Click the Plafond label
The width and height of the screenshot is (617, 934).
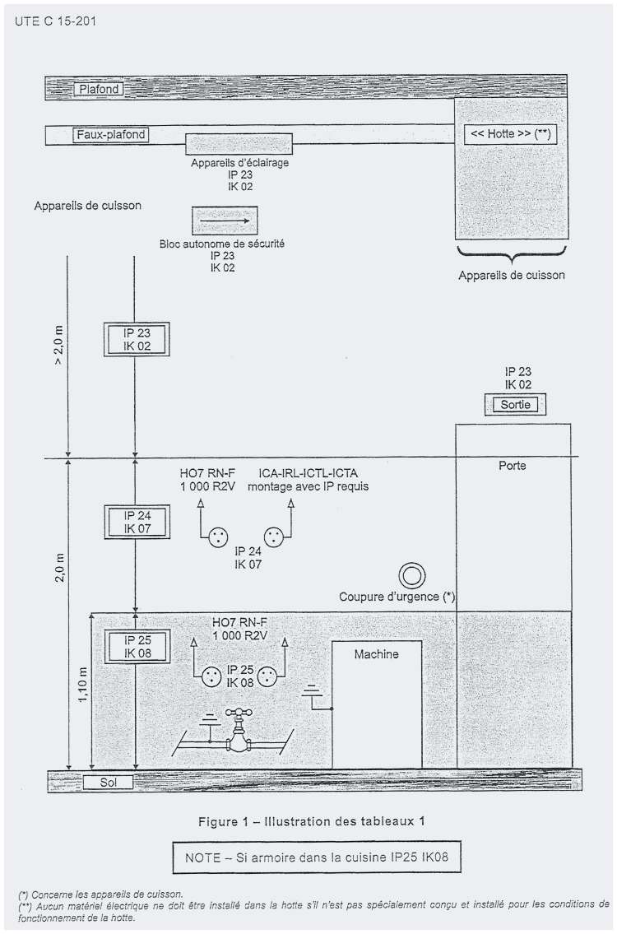(x=100, y=89)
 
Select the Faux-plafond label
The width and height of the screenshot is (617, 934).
(x=111, y=135)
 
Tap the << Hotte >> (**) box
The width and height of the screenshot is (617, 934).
(x=510, y=134)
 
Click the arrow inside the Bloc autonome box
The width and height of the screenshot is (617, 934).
(x=225, y=221)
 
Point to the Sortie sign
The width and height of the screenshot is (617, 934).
(x=515, y=404)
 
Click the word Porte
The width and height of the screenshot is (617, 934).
(x=513, y=465)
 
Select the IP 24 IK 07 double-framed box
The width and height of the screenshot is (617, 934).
(x=137, y=522)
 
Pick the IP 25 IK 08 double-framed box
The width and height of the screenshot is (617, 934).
(x=137, y=646)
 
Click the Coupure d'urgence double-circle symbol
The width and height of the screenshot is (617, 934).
(x=412, y=576)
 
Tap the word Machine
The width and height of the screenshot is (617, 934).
(x=377, y=654)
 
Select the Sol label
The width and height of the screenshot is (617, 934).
(x=108, y=782)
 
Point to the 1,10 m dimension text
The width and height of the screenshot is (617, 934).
(x=83, y=684)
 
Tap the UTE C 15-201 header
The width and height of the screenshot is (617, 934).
(x=55, y=21)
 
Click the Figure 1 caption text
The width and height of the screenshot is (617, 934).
(x=312, y=821)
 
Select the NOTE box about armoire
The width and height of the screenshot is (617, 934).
(x=316, y=857)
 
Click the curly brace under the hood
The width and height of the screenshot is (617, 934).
(x=511, y=254)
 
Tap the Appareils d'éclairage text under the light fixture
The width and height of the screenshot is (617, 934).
(x=240, y=163)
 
